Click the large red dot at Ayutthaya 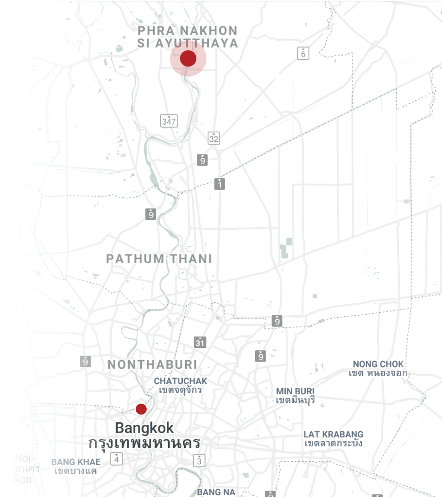[188, 59]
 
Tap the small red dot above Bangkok [141, 409]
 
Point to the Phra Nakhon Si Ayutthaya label [187, 37]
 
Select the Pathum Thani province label [159, 259]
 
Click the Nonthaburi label [152, 365]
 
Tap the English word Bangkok [144, 428]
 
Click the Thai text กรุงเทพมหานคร [144, 443]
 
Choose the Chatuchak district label [180, 385]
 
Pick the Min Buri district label [295, 396]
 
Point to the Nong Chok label [378, 368]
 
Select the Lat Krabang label [334, 438]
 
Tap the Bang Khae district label [76, 466]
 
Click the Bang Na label [216, 492]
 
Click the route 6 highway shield [303, 53]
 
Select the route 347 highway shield [169, 121]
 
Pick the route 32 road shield [214, 138]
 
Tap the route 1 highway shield [220, 184]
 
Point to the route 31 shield [200, 342]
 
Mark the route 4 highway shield [117, 459]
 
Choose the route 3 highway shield [199, 461]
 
